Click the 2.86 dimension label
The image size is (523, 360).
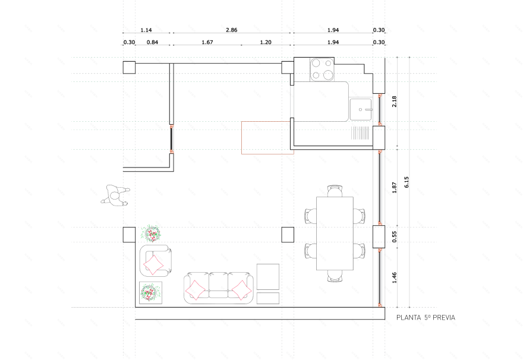(x=231, y=30)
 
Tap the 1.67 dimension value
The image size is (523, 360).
(x=207, y=42)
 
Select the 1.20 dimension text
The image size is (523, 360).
(x=266, y=42)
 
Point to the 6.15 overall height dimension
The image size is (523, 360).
(x=407, y=182)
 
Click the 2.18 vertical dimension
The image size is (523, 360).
(x=394, y=102)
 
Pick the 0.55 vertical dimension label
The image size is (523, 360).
(x=394, y=236)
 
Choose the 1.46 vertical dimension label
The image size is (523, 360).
(x=394, y=277)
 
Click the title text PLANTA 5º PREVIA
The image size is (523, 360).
(x=426, y=318)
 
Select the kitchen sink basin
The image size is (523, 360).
(x=361, y=109)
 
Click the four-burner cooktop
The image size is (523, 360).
(x=322, y=70)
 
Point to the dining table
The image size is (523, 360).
(x=335, y=233)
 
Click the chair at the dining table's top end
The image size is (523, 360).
(x=335, y=191)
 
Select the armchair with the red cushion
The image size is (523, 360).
(x=156, y=261)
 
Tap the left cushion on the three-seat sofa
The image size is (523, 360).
(x=195, y=290)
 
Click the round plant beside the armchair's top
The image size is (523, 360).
(x=152, y=233)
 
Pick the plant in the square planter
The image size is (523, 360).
(x=150, y=293)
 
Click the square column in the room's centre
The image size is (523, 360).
(x=288, y=235)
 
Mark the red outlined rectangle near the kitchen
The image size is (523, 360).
(x=267, y=138)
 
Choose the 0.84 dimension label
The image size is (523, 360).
(x=152, y=42)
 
